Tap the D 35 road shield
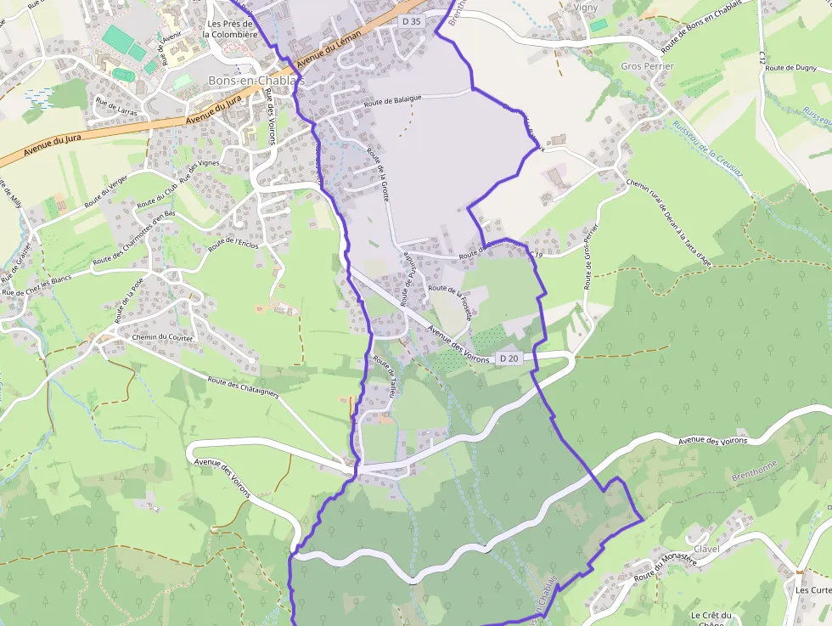[412, 20]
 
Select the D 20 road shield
[509, 358]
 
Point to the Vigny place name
[586, 8]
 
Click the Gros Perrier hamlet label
[647, 66]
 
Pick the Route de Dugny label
[790, 67]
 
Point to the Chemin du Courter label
[162, 338]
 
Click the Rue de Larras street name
[116, 106]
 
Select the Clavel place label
[706, 549]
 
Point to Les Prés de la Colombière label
[232, 29]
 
